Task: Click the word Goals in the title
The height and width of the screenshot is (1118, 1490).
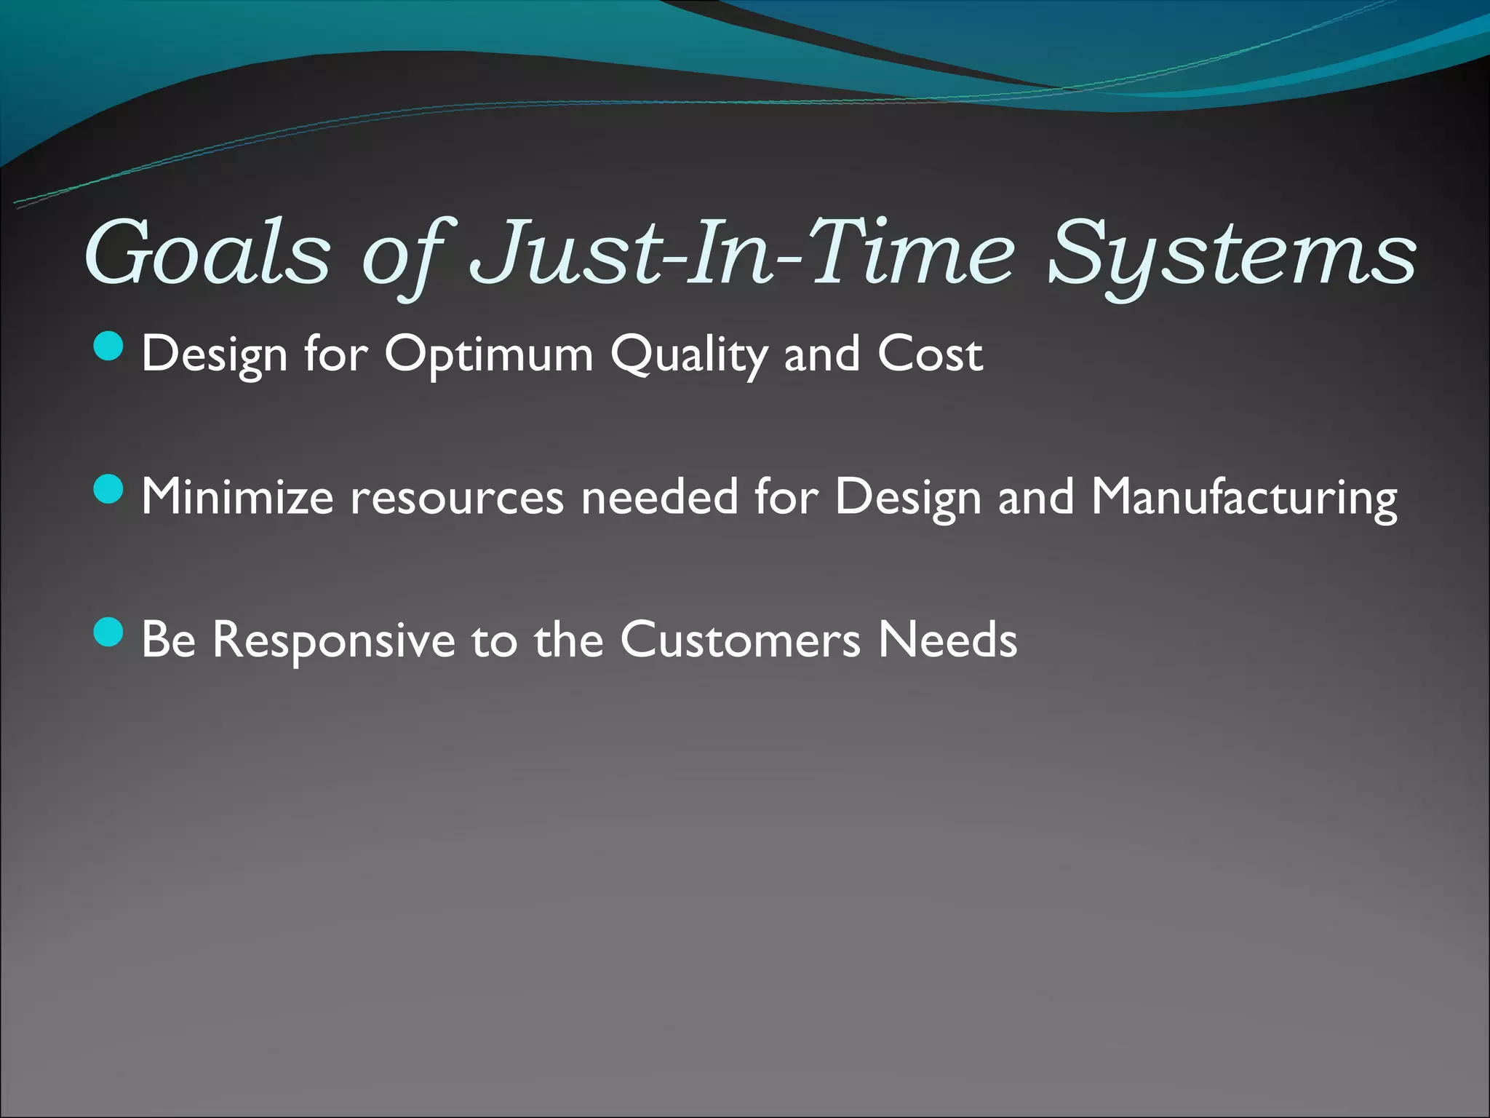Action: coord(208,253)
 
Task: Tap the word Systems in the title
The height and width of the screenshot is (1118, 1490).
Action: coord(1232,253)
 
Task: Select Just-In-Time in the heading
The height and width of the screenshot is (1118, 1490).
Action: coord(742,253)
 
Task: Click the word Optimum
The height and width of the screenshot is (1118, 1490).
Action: coord(489,354)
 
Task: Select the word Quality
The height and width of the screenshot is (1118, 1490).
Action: coord(688,354)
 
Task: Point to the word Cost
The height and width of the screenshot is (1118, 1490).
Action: coord(930,354)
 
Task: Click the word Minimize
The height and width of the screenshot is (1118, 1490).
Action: coord(237,497)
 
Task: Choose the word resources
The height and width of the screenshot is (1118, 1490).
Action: coord(457,497)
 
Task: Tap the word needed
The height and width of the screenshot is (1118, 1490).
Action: coord(659,497)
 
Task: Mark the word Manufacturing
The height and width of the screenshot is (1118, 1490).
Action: coord(1244,497)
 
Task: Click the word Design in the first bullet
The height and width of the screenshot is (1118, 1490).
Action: coord(215,354)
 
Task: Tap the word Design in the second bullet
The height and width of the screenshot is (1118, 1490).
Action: coord(908,497)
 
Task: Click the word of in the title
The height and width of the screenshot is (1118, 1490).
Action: coord(405,253)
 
